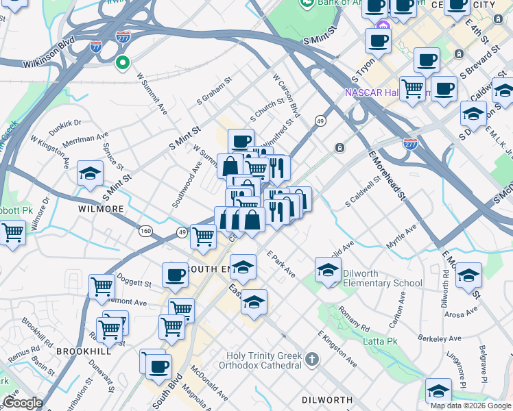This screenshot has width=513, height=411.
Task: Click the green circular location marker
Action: pos(123,64)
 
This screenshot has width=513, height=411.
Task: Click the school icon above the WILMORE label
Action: pos(90,175)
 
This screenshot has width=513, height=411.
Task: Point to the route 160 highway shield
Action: pos(145,231)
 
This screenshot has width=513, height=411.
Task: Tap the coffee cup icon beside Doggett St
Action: pos(175,275)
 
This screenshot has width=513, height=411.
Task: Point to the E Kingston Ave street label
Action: pos(337,348)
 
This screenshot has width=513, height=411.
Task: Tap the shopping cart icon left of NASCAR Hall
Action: pos(412,88)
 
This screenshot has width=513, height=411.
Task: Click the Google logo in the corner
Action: pos(22,403)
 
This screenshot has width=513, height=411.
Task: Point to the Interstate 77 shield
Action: pos(96,47)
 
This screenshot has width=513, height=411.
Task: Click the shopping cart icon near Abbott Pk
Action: pos(12,232)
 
